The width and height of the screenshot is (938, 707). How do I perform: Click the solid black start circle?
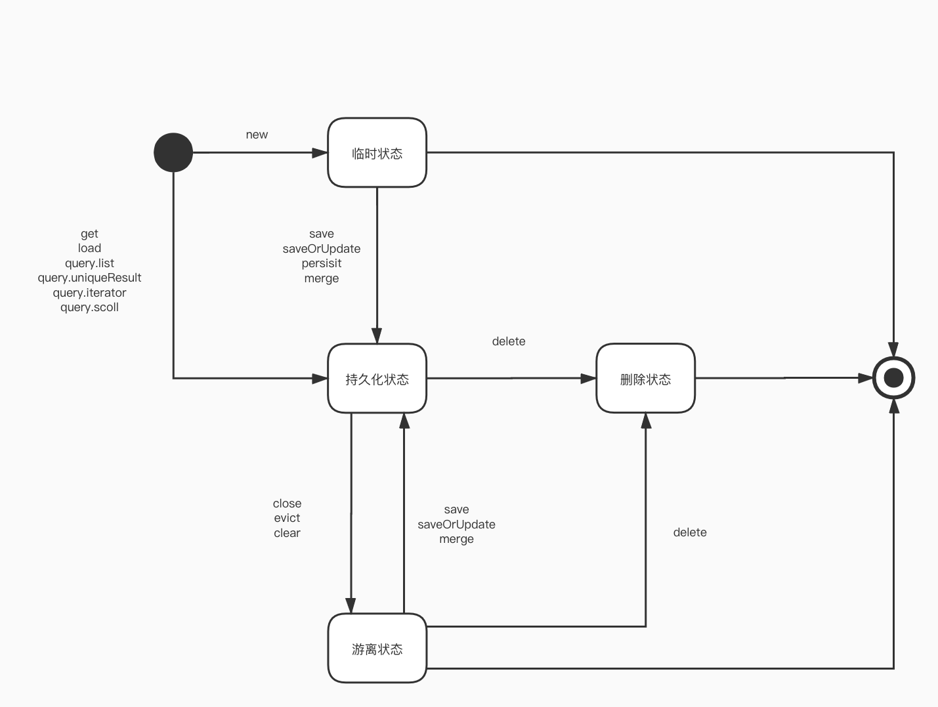click(x=173, y=152)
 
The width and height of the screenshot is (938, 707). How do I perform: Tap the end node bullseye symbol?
click(x=893, y=378)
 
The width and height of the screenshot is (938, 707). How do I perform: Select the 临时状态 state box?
click(x=377, y=153)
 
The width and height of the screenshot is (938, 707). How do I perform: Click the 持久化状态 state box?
click(x=377, y=379)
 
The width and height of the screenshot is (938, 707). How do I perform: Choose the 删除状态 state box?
click(x=645, y=379)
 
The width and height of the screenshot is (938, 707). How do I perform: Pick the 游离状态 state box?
click(x=377, y=649)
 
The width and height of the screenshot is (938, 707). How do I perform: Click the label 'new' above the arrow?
click(x=257, y=135)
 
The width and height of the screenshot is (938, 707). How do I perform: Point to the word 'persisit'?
click(x=322, y=263)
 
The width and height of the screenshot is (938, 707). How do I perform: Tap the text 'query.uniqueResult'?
click(x=89, y=278)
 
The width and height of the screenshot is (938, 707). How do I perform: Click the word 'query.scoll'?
click(x=89, y=307)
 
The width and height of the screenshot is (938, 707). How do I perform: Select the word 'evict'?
click(x=287, y=518)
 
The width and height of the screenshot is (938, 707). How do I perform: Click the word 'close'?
click(x=287, y=503)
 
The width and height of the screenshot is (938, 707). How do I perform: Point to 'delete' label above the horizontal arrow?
click(x=509, y=341)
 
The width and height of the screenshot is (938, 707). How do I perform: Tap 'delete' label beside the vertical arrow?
click(x=690, y=532)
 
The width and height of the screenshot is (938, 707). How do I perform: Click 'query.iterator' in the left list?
click(x=89, y=293)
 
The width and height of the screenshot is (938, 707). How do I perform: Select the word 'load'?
click(x=89, y=248)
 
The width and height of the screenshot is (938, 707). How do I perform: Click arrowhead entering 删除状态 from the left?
click(x=588, y=378)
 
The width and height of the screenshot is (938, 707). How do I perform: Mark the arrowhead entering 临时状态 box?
click(x=320, y=153)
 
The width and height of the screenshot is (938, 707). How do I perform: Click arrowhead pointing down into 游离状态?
click(x=351, y=605)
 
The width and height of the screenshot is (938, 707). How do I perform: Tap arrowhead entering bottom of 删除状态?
click(x=646, y=421)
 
